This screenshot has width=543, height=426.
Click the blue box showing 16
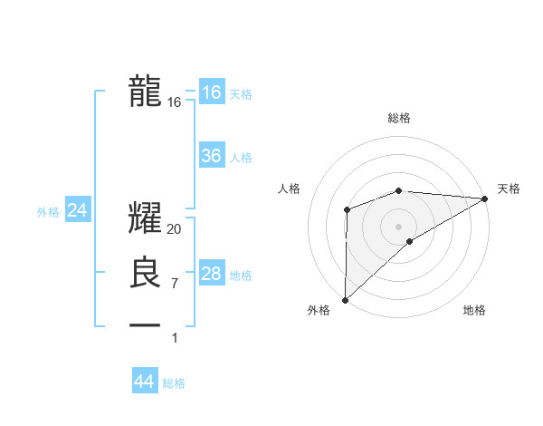[211, 92]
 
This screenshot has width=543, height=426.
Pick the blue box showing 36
[211, 156]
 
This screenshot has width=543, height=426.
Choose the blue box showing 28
[211, 274]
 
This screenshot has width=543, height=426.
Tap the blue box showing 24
[78, 210]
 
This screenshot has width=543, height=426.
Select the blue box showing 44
[144, 382]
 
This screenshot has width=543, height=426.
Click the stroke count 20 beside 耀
[175, 230]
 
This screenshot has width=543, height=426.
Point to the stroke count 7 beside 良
[175, 284]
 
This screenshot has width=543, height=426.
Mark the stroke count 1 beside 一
[175, 337]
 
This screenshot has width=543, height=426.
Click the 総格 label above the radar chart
[399, 118]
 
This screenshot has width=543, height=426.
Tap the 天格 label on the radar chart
[509, 189]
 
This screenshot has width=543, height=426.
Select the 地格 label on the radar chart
[474, 310]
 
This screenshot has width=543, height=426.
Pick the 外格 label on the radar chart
[319, 310]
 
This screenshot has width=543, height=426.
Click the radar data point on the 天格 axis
[485, 198]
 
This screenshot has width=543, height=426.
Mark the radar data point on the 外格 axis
[345, 299]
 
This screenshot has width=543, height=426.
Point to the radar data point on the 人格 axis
[347, 210]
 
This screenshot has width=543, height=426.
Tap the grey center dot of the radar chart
[398, 226]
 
